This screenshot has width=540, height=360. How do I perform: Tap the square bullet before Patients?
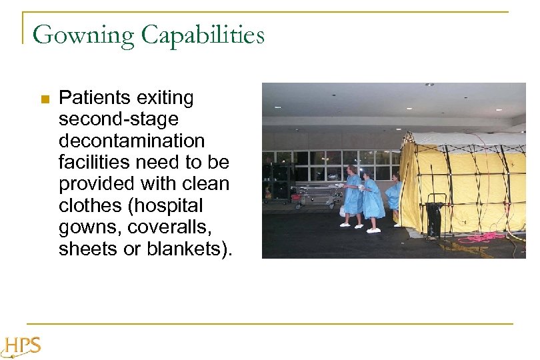[x=45, y=99]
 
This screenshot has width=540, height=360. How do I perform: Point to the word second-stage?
[x=119, y=120]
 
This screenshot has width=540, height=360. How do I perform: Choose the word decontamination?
[x=132, y=141]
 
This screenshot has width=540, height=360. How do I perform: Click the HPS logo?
[x=21, y=347]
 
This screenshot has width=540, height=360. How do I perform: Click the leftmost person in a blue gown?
[x=352, y=197]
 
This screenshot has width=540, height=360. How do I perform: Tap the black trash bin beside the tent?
[x=435, y=216]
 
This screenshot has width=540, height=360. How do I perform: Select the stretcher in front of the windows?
[x=318, y=196]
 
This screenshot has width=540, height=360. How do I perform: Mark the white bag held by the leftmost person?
[x=342, y=211]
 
